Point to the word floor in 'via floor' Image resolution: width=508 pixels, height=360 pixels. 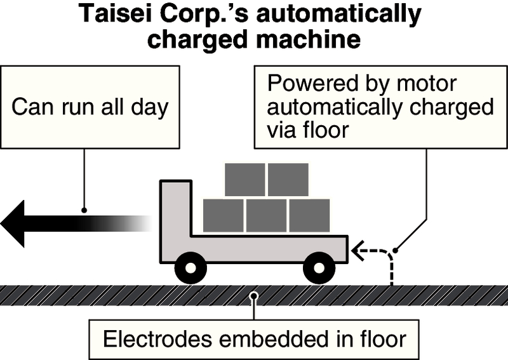tap(328, 130)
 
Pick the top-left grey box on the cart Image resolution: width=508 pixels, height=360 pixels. tap(244, 180)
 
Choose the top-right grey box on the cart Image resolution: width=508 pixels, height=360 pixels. tap(288, 180)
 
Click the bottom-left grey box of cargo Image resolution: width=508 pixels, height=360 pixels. tap(223, 215)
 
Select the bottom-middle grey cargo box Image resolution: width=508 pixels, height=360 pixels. tap(266, 215)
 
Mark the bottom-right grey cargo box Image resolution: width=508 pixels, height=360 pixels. tap(309, 215)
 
